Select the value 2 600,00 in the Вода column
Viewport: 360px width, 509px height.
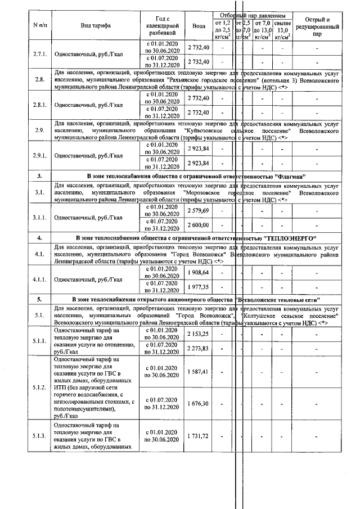198,225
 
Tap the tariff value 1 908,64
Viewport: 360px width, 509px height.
198,272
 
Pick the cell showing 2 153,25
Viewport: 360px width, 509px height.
198,334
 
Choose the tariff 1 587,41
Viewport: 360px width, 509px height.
198,372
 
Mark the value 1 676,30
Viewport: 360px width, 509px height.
198,403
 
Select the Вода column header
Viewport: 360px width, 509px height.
199,26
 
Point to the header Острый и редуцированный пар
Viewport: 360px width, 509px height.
317,26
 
